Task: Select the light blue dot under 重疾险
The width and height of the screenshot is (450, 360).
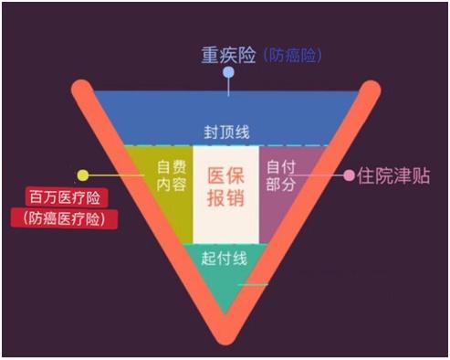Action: point(227,72)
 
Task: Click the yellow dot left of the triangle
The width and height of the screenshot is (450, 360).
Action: point(83,175)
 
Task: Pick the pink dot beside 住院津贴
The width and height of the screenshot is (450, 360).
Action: point(348,174)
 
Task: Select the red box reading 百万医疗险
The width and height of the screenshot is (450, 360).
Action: point(69,197)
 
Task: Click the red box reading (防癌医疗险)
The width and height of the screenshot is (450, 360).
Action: point(69,218)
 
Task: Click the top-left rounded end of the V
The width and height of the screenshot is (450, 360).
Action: point(81,90)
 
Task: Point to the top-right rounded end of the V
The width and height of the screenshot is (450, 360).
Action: point(372,90)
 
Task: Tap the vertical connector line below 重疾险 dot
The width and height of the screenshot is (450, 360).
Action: point(227,85)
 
